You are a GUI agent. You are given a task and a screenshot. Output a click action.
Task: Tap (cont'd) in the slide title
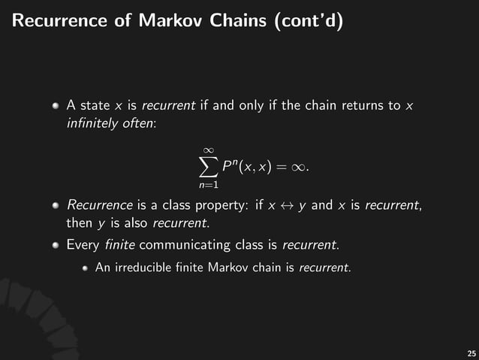pyautogui.click(x=310, y=21)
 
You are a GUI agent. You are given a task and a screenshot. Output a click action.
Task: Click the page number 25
pyautogui.click(x=471, y=352)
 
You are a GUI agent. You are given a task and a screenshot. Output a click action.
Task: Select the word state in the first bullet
pyautogui.click(x=94, y=105)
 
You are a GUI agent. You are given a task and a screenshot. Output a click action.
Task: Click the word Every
pyautogui.click(x=82, y=244)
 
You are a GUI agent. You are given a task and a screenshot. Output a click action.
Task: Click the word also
pyautogui.click(x=134, y=223)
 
